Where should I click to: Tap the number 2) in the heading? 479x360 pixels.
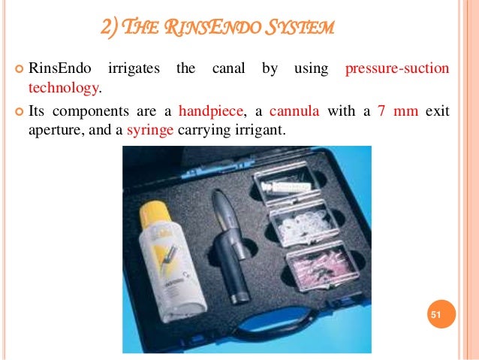(x=111, y=29)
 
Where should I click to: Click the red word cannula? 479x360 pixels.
(x=295, y=110)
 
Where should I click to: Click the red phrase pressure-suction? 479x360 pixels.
(x=396, y=69)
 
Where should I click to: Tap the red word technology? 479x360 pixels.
(x=63, y=88)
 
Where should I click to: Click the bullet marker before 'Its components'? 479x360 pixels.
(x=19, y=111)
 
